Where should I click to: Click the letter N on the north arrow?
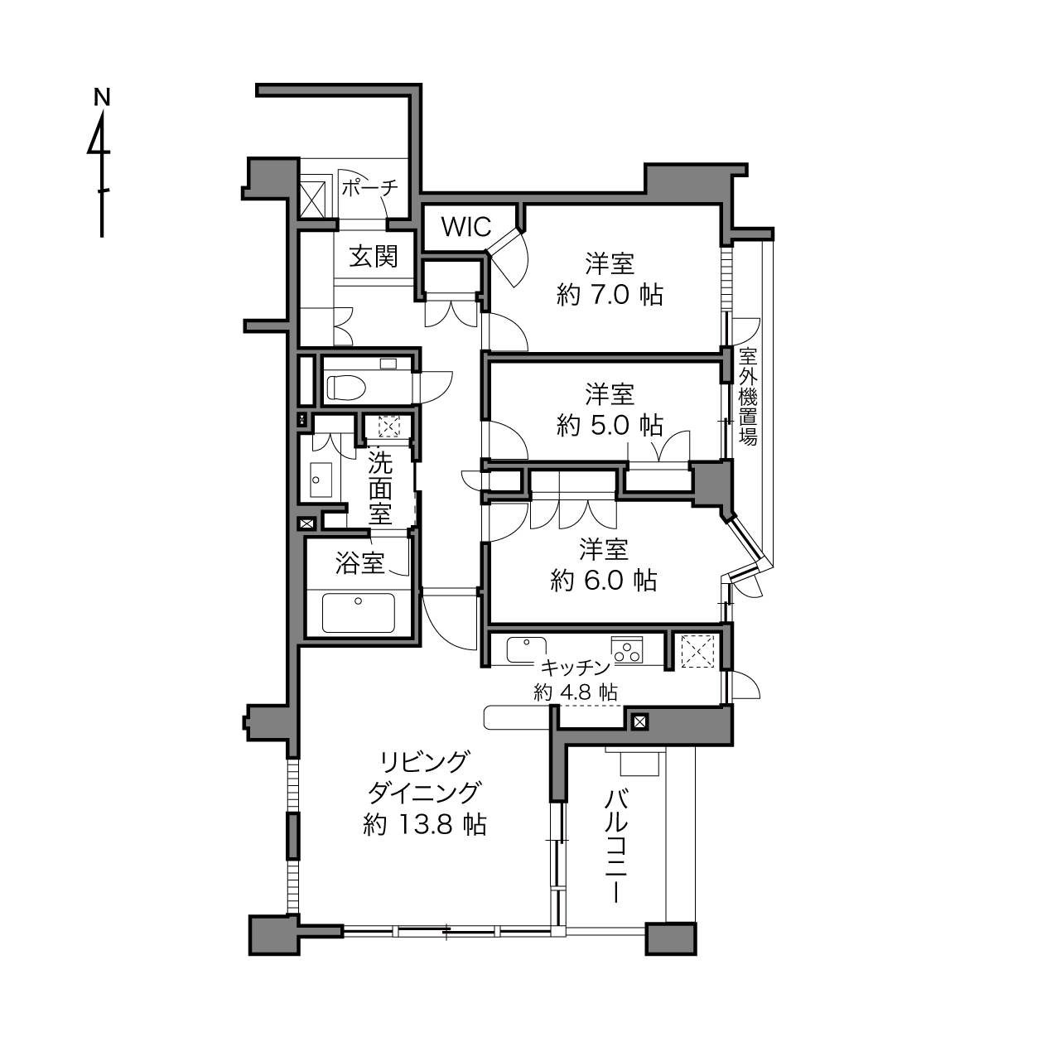[x=102, y=97]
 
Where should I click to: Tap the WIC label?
[x=466, y=227]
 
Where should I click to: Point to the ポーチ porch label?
[x=370, y=188]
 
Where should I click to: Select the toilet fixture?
[x=347, y=387]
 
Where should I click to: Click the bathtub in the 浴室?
[x=359, y=612]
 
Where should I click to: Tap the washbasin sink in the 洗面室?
[x=321, y=479]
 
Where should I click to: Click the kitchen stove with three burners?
[x=628, y=650]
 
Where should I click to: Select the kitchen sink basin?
[x=526, y=650]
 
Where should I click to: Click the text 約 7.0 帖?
[x=610, y=295]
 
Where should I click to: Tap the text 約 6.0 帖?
[x=604, y=581]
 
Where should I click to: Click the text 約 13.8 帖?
[x=425, y=824]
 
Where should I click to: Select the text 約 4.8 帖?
[x=576, y=692]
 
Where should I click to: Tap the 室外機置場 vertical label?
[x=747, y=397]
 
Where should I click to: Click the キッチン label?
[x=576, y=668]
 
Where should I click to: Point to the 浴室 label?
[x=359, y=563]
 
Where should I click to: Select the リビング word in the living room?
[x=423, y=761]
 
